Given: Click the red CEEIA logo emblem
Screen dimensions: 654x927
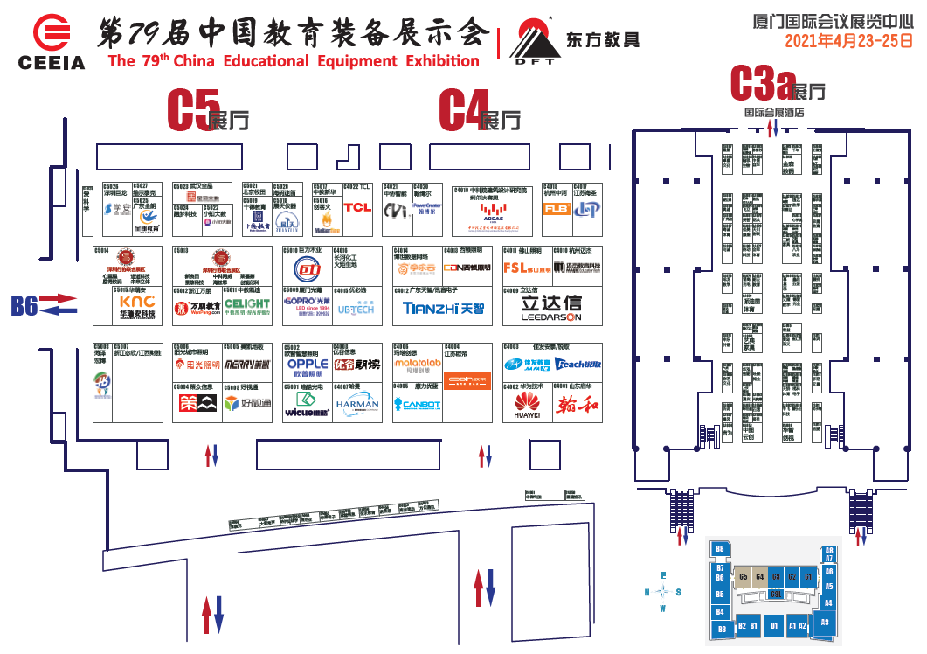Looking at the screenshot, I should tap(51, 32).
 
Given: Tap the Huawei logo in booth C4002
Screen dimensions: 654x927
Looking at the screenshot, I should tap(526, 403).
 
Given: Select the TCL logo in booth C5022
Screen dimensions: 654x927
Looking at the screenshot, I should tap(357, 207).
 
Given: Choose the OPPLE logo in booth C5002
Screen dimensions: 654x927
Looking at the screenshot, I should tap(307, 364).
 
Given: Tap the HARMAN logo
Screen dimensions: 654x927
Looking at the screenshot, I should tap(357, 404).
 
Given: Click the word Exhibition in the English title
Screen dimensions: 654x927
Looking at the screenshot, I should tap(434, 61).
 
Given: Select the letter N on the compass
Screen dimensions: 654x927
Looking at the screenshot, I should tap(647, 592).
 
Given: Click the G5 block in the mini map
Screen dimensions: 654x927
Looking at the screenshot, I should tap(744, 577).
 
